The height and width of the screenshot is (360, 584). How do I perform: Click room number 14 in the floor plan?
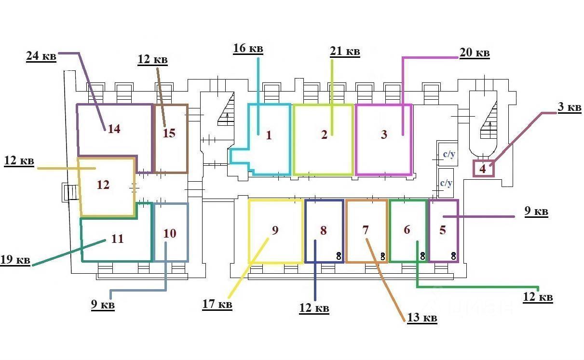pos(114,129)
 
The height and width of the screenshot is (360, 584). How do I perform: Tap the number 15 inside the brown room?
pos(169,133)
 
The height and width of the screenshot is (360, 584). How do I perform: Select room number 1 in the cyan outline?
pos(269,135)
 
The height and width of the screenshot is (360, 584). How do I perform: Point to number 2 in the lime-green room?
pos(324,134)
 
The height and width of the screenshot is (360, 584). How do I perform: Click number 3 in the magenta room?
pos(384,134)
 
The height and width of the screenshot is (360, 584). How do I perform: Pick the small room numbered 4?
pos(483,169)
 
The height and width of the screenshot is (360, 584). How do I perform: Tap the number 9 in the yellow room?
pos(275,230)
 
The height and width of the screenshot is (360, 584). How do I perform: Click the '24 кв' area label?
pos(41,56)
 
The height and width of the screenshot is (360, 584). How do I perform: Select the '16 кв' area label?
pos(248,48)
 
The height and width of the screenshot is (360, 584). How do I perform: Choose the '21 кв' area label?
pos(345,52)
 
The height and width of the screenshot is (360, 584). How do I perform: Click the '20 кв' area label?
pos(475,53)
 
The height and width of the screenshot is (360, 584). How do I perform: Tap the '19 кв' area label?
pos(15,260)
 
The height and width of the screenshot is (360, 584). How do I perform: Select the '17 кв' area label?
pos(217,305)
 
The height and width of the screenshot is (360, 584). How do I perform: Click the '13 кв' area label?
pos(422,318)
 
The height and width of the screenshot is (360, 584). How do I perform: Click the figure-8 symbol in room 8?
pos(339,256)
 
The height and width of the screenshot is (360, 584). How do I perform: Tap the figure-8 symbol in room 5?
pos(453,256)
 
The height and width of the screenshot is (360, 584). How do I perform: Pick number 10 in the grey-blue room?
pos(170,234)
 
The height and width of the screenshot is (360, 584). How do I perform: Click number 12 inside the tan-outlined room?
pos(103,185)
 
